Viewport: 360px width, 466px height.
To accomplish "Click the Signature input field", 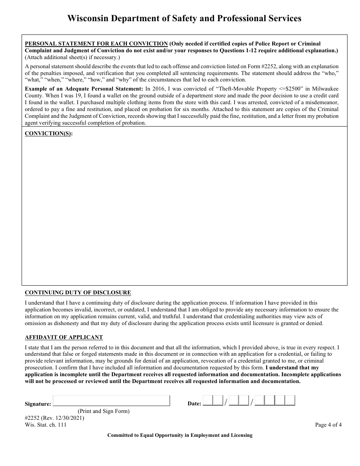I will click(x=111, y=401).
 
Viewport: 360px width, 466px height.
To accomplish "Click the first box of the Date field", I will click(x=208, y=401).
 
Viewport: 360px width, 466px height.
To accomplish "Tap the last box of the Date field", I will click(x=290, y=401).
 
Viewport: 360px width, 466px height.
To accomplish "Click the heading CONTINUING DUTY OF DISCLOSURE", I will click(x=78, y=292).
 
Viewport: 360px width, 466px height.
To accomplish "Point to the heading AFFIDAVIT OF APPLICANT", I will click(x=64, y=337).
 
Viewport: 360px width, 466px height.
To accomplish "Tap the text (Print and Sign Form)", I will click(x=103, y=411).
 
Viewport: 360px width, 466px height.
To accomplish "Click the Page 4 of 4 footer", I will click(x=328, y=425).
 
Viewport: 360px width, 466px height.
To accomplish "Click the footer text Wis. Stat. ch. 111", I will click(x=45, y=425).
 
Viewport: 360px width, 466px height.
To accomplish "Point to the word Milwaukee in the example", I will click(x=325, y=89).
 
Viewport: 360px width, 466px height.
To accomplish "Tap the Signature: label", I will click(x=38, y=404).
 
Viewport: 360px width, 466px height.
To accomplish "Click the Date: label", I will click(x=194, y=404).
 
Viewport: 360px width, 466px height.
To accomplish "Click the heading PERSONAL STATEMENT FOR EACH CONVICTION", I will click(x=96, y=44).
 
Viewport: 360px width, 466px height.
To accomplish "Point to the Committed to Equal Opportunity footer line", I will click(x=180, y=435).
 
